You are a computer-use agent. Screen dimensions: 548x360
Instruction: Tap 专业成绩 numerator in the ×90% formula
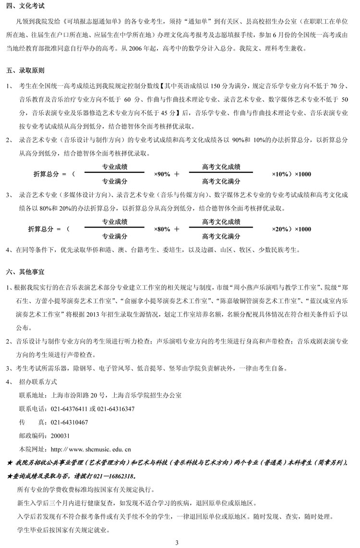(115, 167)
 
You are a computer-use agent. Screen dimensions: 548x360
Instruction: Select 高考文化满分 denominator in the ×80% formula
(221, 237)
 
